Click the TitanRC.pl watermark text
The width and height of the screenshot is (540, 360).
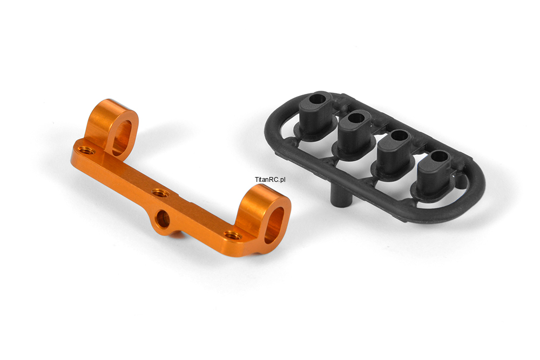(x=270, y=179)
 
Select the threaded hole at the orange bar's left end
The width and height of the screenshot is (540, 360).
(x=84, y=150)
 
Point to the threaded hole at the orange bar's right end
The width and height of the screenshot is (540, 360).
(x=232, y=236)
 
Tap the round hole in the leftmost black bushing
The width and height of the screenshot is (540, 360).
(x=318, y=99)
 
